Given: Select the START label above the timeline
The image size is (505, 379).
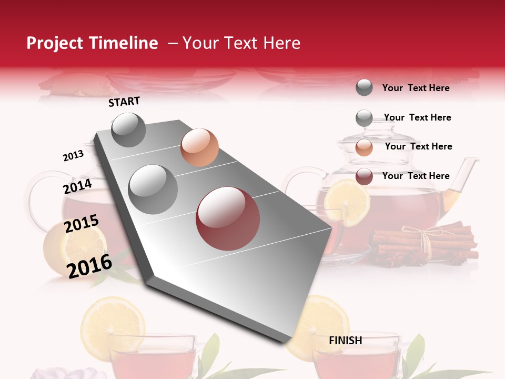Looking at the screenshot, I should pos(124,102).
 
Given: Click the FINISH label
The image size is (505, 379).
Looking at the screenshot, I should pos(346,341).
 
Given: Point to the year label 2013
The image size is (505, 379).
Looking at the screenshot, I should pos(73,156).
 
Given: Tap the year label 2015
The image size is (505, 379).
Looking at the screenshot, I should pos(82,224).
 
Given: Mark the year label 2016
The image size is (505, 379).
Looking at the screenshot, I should pos(89,265).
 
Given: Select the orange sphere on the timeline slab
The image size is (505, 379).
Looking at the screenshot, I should pos(199,147).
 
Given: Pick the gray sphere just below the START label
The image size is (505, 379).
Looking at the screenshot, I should pos(129,130).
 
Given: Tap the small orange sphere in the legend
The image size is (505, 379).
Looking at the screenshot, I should pos(364,147).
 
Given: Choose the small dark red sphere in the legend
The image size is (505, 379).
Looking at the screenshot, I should pos(364,176).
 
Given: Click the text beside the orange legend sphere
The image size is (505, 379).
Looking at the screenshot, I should pos(418,146).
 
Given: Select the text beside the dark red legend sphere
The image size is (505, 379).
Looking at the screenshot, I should pos(416,176).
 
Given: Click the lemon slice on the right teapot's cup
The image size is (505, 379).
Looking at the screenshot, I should pos(347,203).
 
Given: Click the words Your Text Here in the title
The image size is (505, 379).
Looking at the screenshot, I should pos(241,43).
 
